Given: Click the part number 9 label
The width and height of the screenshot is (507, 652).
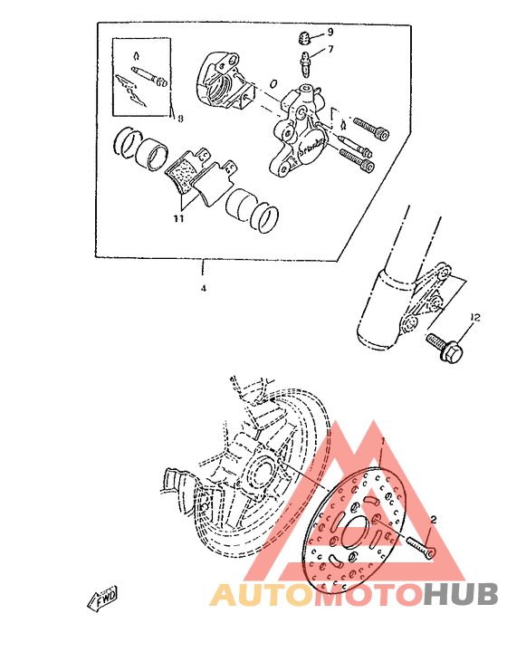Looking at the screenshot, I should [x=330, y=32].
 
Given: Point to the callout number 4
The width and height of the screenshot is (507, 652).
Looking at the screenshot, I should [x=203, y=288].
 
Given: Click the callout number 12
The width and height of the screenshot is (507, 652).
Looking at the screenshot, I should [x=475, y=316].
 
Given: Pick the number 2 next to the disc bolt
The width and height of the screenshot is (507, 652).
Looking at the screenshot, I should [x=434, y=520].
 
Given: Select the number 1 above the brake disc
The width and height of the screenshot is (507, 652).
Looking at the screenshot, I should [x=383, y=440].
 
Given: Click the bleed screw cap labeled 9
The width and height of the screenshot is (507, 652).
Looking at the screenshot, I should [x=305, y=37].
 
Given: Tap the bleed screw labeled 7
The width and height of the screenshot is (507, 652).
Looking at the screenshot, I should [x=306, y=63].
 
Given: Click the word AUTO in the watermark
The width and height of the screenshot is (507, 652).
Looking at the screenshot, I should [x=253, y=594].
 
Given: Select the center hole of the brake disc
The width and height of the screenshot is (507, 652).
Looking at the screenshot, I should [x=356, y=525].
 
